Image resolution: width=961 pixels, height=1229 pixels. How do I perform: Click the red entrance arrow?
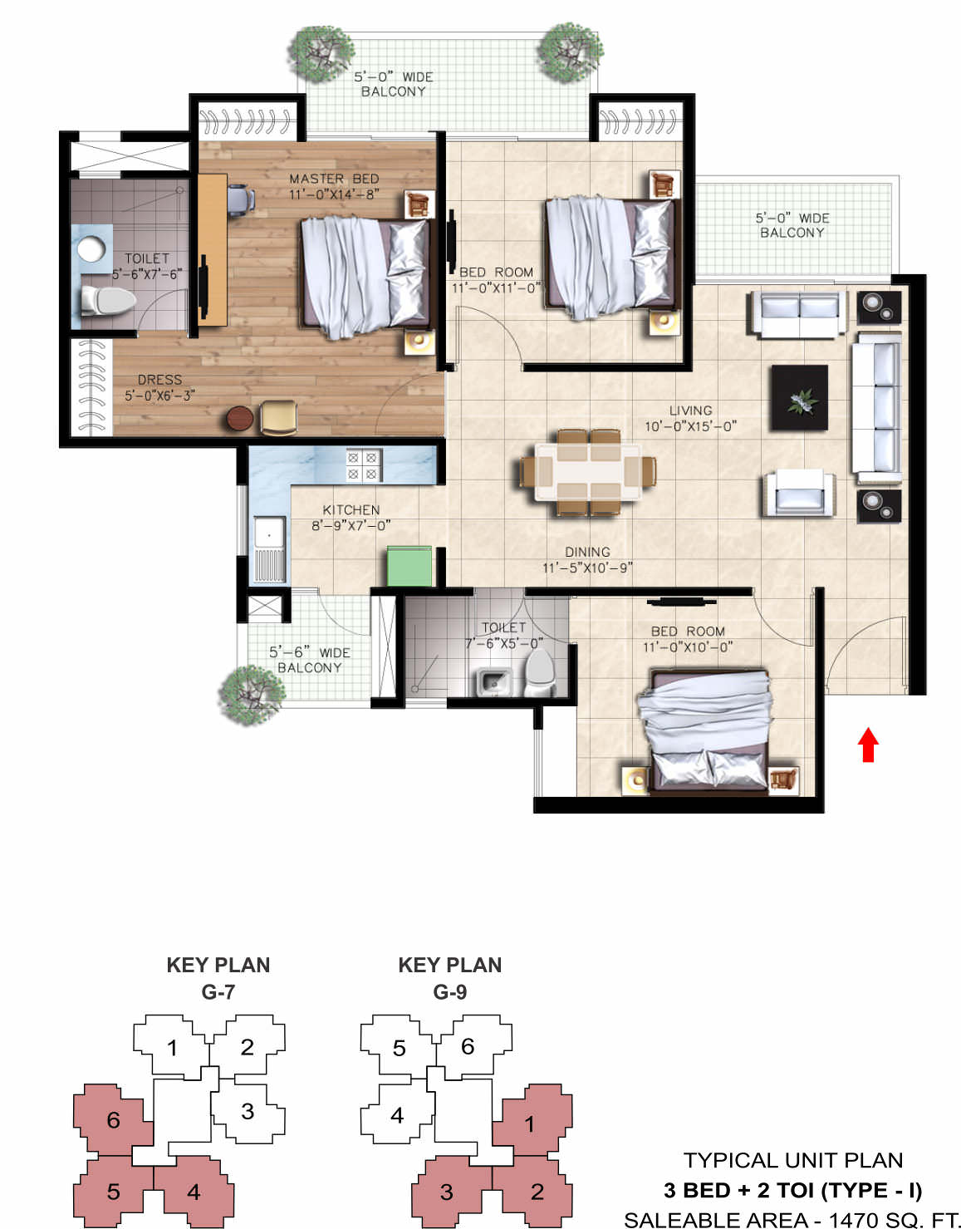click(868, 745)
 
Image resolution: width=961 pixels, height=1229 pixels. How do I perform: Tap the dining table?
click(588, 473)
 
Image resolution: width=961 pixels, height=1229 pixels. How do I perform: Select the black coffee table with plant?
click(799, 397)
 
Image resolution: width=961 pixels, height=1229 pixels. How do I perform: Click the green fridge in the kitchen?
click(409, 566)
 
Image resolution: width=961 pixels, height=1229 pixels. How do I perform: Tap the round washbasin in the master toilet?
click(91, 249)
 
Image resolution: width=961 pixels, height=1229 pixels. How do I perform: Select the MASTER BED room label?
click(334, 179)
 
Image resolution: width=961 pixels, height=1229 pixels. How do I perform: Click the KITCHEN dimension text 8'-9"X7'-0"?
click(351, 526)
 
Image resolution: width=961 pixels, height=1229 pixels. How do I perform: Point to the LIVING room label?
click(691, 410)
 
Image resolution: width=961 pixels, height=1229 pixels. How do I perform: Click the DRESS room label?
click(160, 380)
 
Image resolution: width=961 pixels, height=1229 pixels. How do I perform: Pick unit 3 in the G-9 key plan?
click(447, 1192)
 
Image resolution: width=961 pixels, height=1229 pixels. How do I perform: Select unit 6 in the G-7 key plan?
click(113, 1121)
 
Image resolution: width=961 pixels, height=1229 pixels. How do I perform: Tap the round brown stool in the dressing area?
click(240, 419)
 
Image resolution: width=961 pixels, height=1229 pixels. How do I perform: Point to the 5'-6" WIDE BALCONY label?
click(309, 660)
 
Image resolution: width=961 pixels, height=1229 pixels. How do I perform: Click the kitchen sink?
click(269, 548)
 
